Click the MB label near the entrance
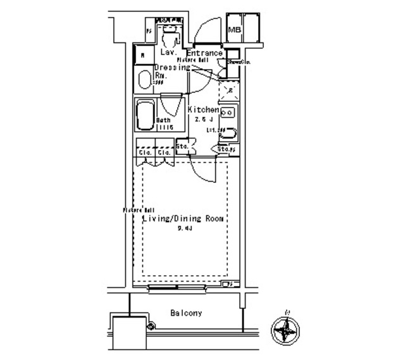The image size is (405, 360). click(234, 30)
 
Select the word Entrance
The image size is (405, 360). click(204, 53)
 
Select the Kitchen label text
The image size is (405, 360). click(203, 109)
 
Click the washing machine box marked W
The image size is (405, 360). click(143, 55)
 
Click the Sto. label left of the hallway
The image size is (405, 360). click(182, 147)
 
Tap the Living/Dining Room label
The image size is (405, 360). click(184, 219)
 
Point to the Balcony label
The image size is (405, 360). click(186, 313)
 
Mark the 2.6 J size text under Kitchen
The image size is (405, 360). click(202, 119)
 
